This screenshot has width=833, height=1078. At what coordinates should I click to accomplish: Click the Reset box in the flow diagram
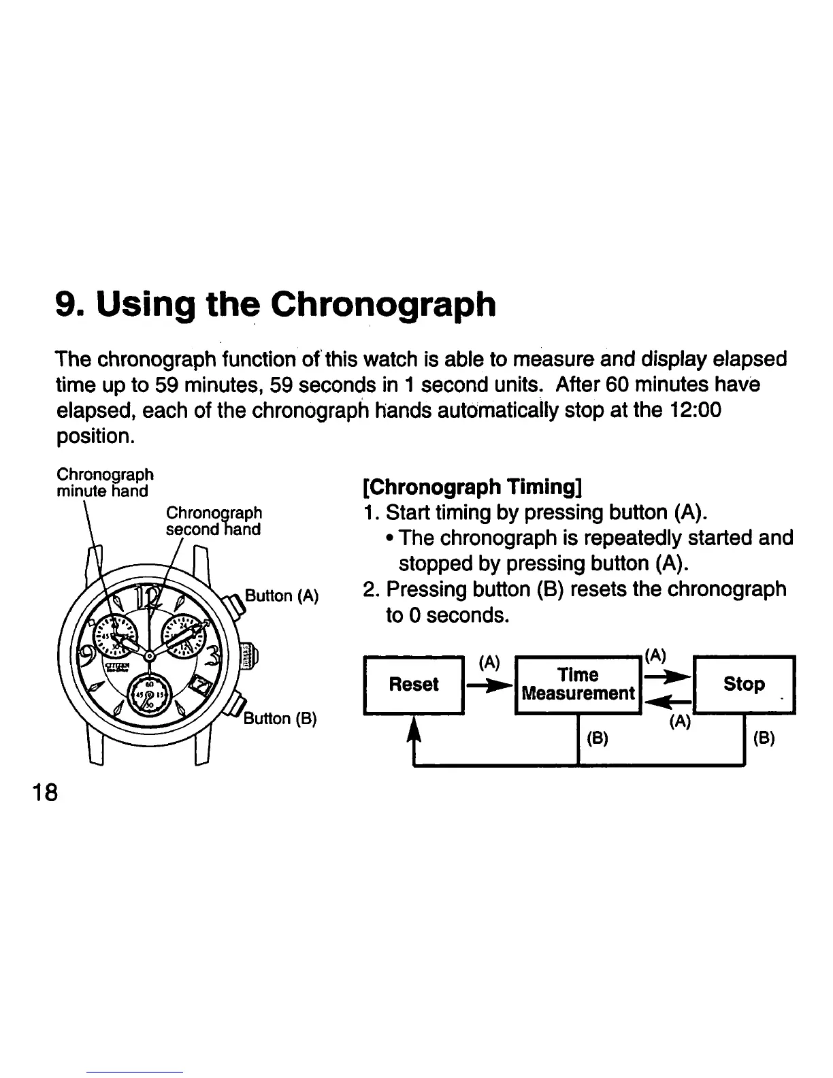(414, 684)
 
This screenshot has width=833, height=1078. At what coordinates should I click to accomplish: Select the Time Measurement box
(578, 684)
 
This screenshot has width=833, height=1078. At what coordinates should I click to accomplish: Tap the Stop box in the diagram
(744, 684)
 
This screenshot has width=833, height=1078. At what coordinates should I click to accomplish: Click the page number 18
(42, 793)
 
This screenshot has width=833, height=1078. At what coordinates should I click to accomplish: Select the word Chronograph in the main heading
(383, 304)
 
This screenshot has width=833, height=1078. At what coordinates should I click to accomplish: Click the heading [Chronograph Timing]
(472, 487)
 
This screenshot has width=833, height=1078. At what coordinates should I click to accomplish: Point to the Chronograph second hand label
(214, 521)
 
